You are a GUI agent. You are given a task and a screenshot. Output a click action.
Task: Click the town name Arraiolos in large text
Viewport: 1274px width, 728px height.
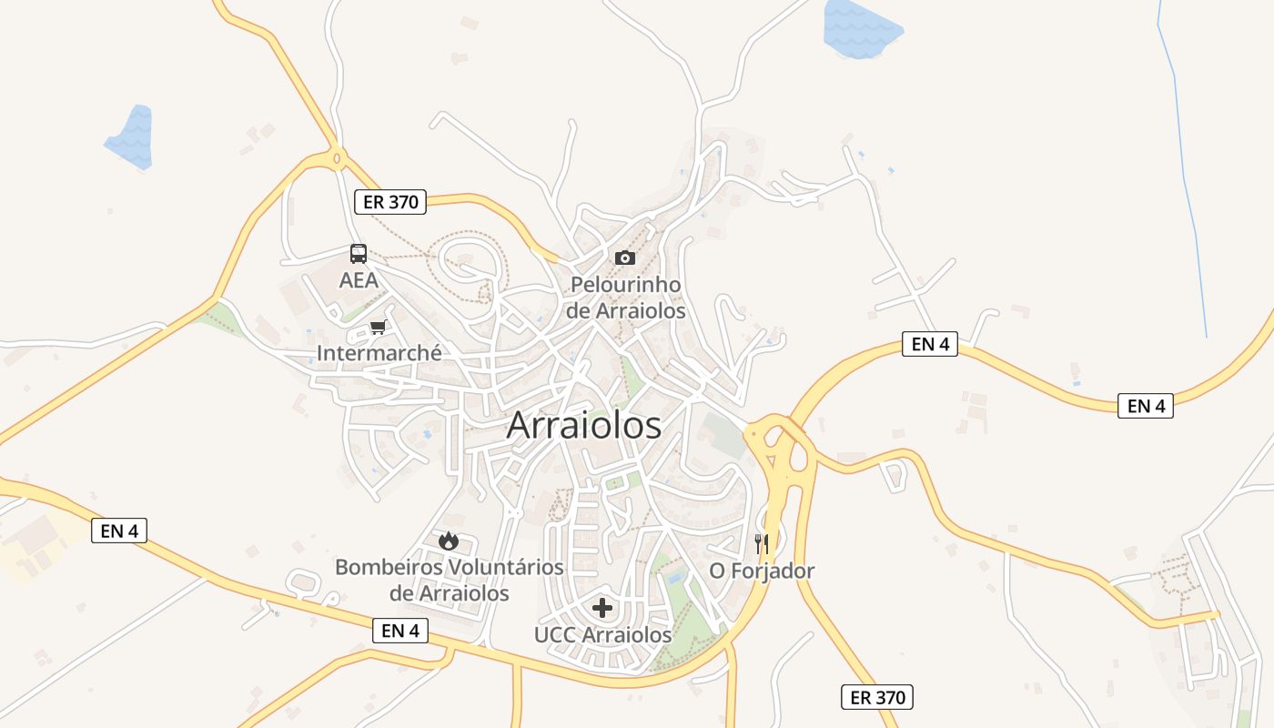tap(583, 425)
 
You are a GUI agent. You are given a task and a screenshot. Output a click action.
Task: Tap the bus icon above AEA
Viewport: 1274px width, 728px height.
tap(359, 254)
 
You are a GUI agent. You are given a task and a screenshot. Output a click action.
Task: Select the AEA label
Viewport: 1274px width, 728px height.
tap(359, 280)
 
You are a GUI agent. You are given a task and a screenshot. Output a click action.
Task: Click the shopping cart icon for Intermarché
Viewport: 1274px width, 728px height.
tap(378, 327)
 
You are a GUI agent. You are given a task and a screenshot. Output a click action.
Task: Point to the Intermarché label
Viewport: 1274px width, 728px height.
tap(379, 352)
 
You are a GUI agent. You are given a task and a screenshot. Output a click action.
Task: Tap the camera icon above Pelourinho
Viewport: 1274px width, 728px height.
tap(624, 258)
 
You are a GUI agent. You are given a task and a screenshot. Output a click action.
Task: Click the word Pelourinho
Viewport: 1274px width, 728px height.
tap(625, 285)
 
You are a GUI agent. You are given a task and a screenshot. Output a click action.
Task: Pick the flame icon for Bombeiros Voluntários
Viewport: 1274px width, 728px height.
tap(448, 541)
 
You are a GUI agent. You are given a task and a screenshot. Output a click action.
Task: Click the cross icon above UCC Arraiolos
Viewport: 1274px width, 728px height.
tap(602, 607)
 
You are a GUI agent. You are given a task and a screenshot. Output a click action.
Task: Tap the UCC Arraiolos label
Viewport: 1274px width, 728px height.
tap(602, 634)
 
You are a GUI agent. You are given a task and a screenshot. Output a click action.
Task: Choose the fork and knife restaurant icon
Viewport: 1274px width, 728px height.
tap(762, 544)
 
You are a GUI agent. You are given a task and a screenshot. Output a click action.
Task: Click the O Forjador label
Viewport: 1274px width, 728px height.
tap(762, 571)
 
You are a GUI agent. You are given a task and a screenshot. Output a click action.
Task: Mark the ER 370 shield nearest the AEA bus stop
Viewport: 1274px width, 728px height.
tap(391, 202)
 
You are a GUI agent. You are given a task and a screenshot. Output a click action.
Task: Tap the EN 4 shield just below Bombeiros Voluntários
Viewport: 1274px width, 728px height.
tap(400, 630)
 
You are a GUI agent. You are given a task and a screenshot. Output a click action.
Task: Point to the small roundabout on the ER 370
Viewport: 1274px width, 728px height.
tap(338, 159)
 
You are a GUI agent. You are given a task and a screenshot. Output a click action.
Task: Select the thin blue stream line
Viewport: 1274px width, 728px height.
tap(1183, 173)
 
